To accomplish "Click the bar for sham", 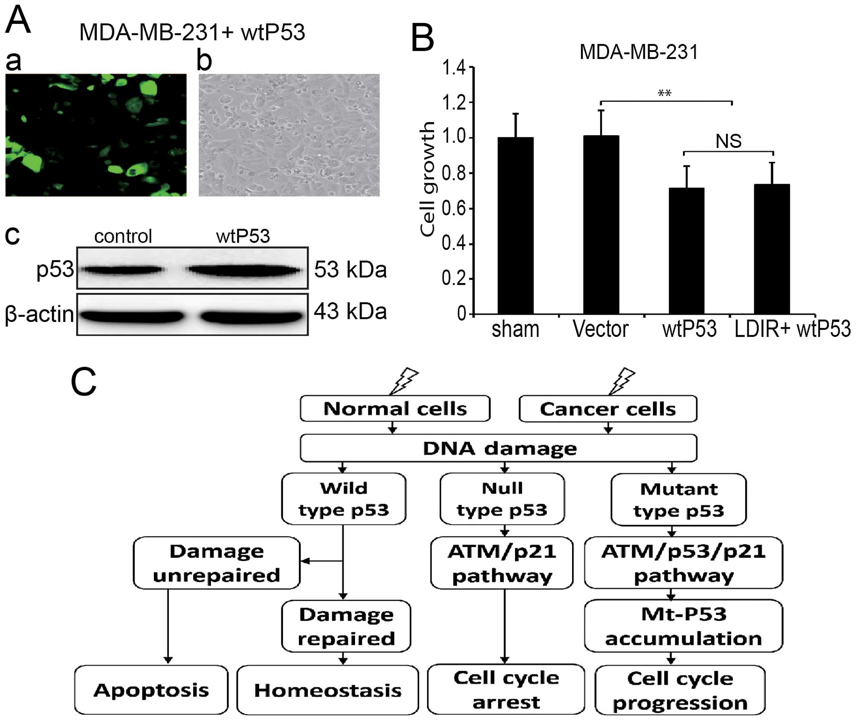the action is (x=515, y=226).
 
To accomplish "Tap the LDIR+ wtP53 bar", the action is (x=772, y=249).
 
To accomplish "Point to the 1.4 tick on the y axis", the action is (x=454, y=68).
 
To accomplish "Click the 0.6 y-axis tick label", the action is (x=454, y=209).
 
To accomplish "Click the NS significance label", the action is (x=729, y=141).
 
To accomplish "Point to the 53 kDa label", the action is (x=350, y=270).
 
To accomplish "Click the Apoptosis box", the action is (x=151, y=690).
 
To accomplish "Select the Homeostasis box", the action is (x=327, y=690).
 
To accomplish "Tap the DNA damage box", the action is (x=499, y=448).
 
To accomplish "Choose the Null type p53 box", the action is (x=502, y=499).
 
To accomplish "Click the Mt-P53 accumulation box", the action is (x=683, y=626).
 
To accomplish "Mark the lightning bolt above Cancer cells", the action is (x=622, y=381).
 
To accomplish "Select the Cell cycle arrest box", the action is (x=506, y=689).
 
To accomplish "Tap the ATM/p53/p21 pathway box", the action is (x=683, y=563).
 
